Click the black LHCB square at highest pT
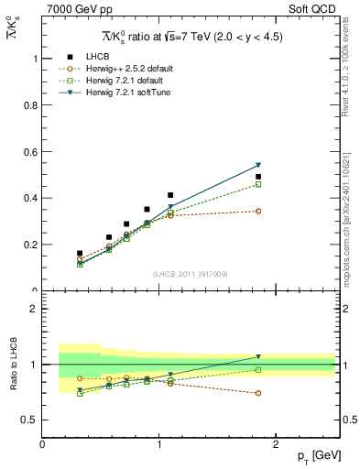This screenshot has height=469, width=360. click(258, 177)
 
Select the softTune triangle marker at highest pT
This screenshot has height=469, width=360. click(258, 165)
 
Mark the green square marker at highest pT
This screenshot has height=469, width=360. click(258, 184)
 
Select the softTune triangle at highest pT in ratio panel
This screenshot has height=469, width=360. click(258, 356)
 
